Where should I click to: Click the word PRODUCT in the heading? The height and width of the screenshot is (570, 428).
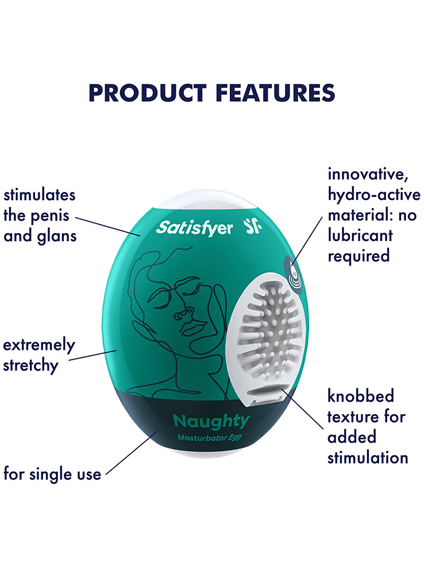[x=147, y=93]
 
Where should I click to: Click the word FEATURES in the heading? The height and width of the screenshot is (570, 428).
[x=275, y=93]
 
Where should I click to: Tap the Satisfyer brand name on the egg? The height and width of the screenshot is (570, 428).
[x=194, y=228]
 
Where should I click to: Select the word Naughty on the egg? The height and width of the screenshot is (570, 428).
[x=211, y=422]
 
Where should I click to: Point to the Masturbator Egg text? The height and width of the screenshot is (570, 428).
[x=210, y=438]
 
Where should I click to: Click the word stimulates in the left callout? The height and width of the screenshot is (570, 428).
[x=40, y=195]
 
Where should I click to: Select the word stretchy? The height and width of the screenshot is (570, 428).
[x=31, y=365]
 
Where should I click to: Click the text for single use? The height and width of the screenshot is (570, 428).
[x=52, y=474]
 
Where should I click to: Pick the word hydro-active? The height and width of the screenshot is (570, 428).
[x=374, y=195]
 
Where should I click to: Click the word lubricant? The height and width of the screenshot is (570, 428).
[x=360, y=236]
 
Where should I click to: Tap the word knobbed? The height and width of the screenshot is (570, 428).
[x=361, y=396]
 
